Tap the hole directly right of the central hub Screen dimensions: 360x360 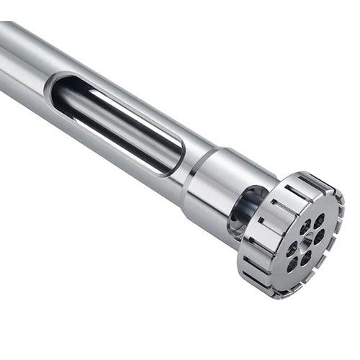[320, 236]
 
